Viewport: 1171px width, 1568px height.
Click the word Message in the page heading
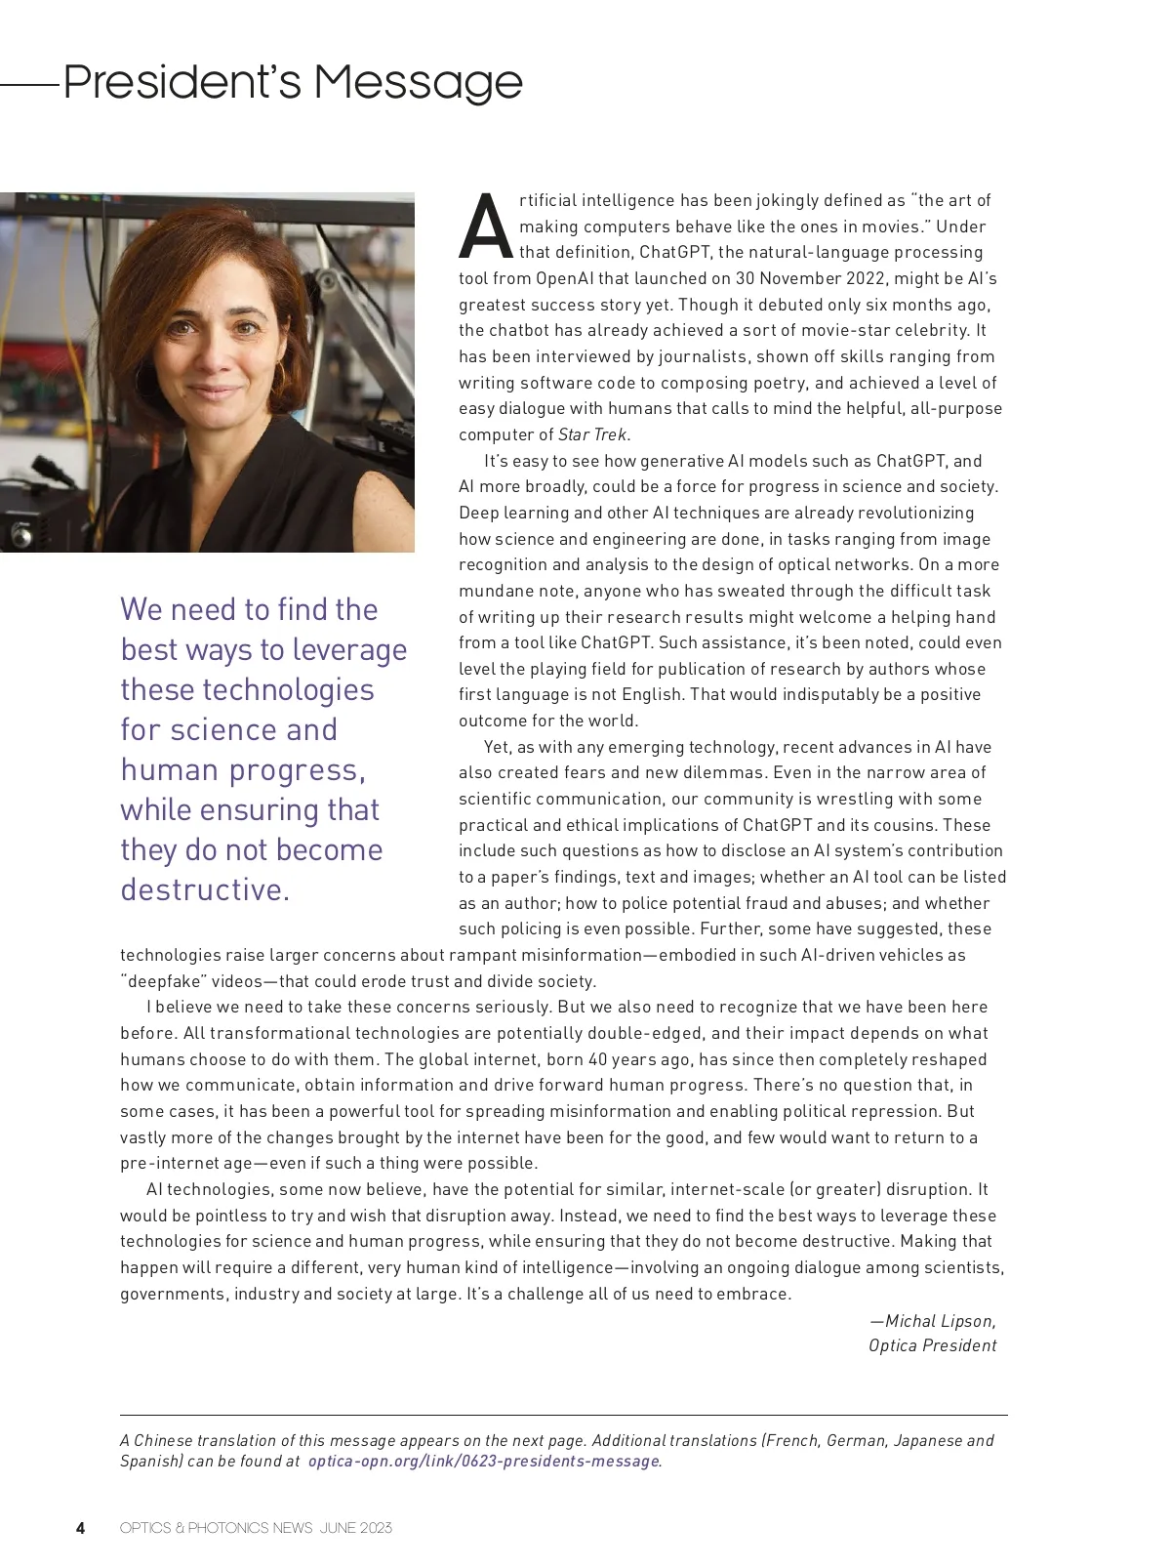click(418, 82)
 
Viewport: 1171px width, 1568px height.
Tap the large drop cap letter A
click(485, 227)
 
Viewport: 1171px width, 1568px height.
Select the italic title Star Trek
click(593, 434)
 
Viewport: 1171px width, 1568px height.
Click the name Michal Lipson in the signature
click(940, 1321)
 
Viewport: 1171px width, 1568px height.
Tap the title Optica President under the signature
click(932, 1345)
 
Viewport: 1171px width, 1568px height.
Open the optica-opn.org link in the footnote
click(483, 1462)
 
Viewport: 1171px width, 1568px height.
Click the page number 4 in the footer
click(81, 1528)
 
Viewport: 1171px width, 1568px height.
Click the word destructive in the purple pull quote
click(205, 890)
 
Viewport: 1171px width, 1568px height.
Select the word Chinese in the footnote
click(164, 1440)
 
